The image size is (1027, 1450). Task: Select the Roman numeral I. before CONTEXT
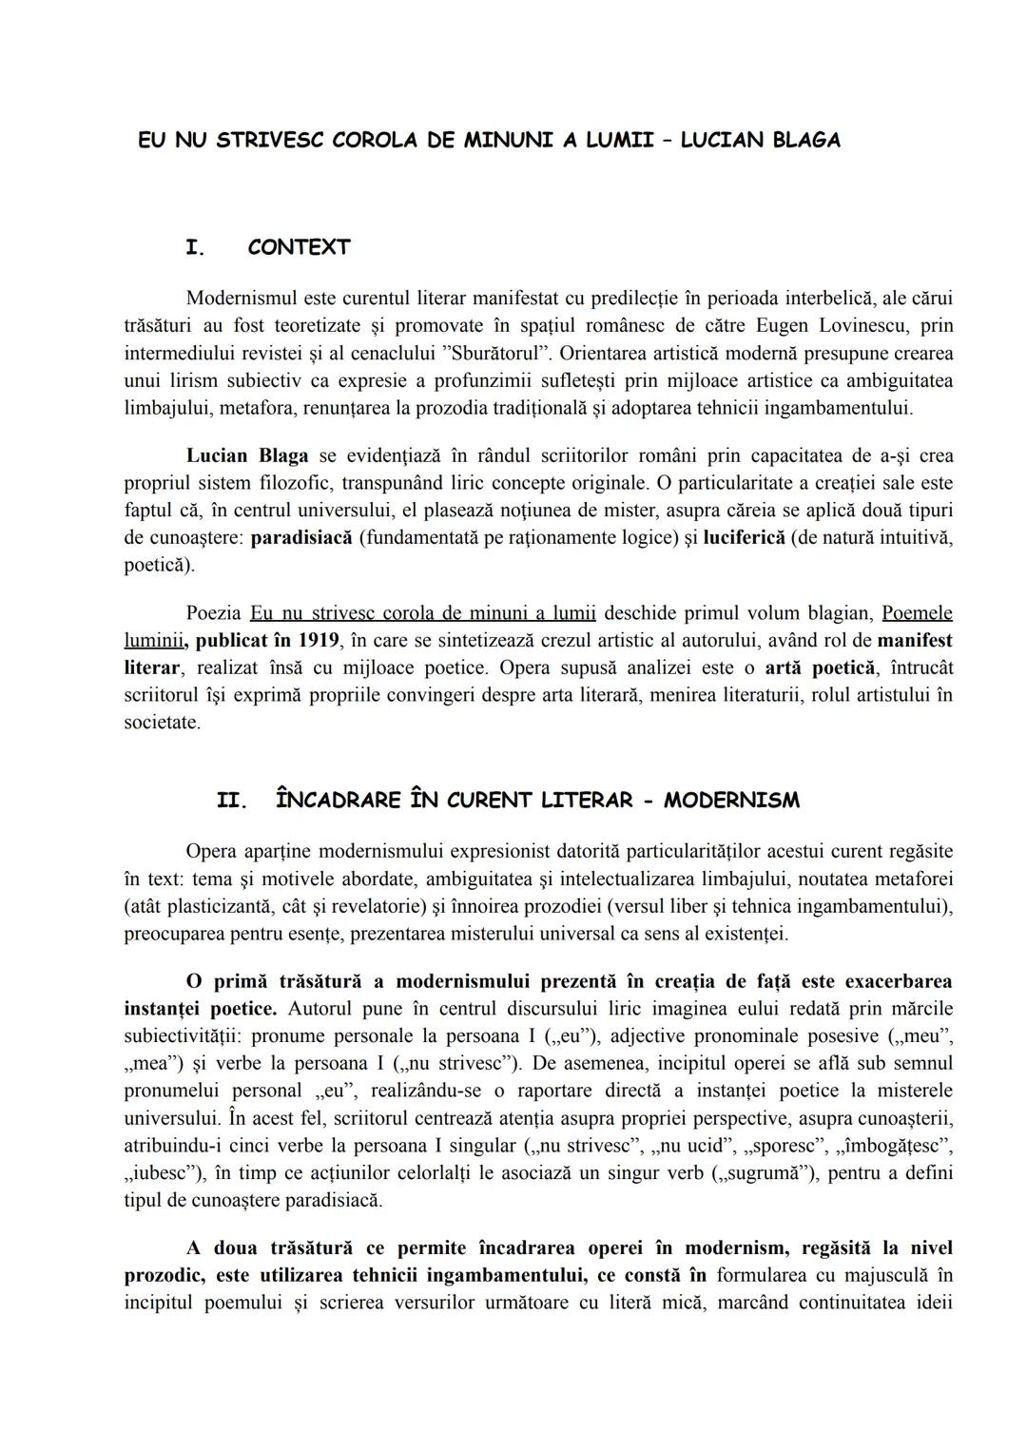point(195,248)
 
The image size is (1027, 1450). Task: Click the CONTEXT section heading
point(299,248)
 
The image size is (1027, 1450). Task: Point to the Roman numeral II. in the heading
point(232,801)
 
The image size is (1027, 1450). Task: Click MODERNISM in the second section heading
point(731,801)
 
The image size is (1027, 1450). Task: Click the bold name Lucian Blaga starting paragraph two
point(246,455)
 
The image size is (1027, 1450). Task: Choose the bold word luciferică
point(744,538)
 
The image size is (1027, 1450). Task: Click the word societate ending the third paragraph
point(162,723)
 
